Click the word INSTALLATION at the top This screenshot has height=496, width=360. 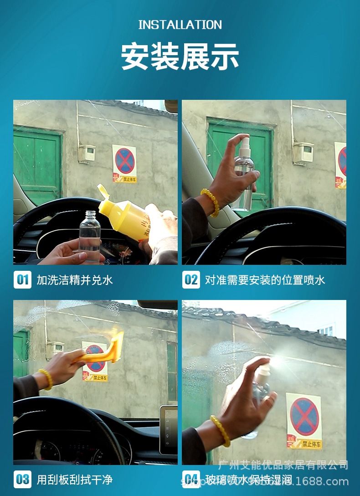coord(180,25)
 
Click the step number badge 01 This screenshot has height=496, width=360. coord(22,279)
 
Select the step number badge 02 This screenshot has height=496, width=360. coord(191,279)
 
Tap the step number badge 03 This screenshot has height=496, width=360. coord(22,479)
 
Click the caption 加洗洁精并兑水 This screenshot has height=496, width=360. coord(75,279)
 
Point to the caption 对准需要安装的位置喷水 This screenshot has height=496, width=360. coord(265,279)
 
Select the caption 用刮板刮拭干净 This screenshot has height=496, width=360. coord(75,479)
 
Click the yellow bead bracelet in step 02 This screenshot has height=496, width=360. coord(210,202)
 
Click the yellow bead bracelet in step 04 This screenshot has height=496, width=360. coord(221,430)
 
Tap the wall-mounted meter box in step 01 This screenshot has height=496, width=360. coord(87,154)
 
